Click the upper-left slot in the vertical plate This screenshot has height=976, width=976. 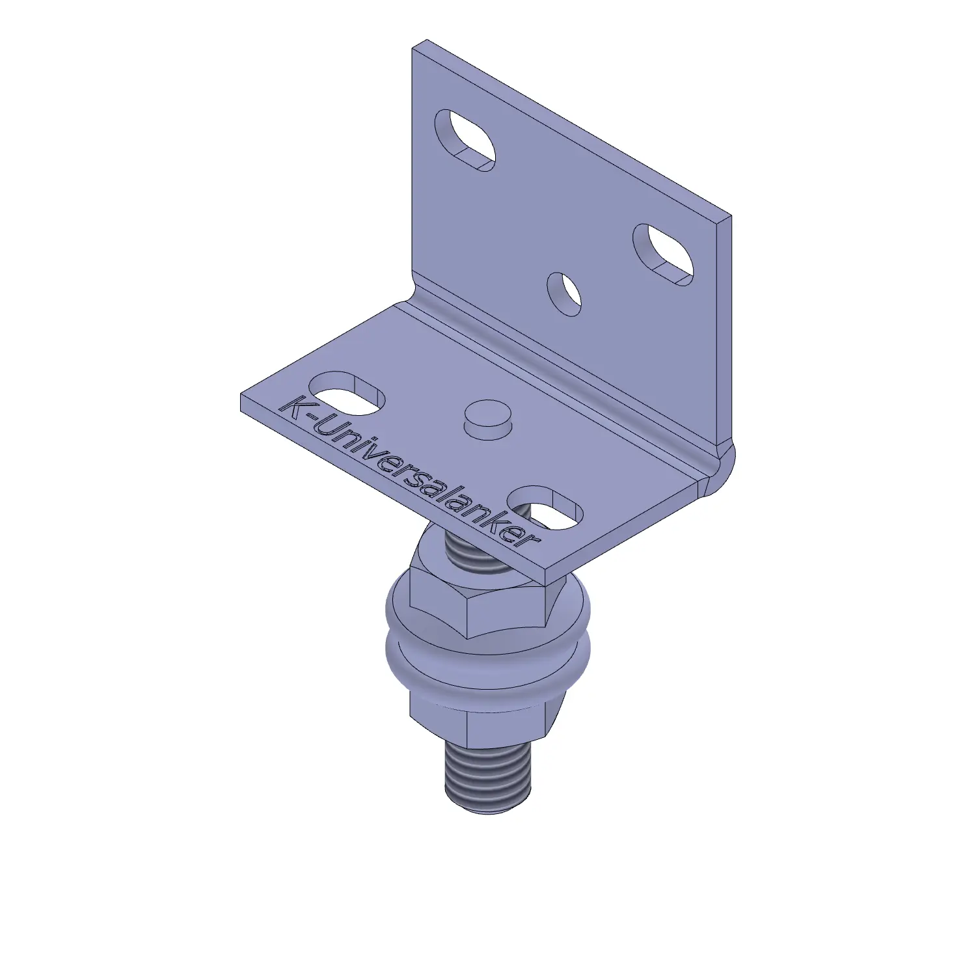(x=465, y=141)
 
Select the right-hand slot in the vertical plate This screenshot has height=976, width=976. (x=663, y=255)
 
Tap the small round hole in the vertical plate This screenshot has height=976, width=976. (x=564, y=294)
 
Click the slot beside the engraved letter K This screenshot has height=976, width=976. (x=347, y=394)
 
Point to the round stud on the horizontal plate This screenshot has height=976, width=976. (x=487, y=420)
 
